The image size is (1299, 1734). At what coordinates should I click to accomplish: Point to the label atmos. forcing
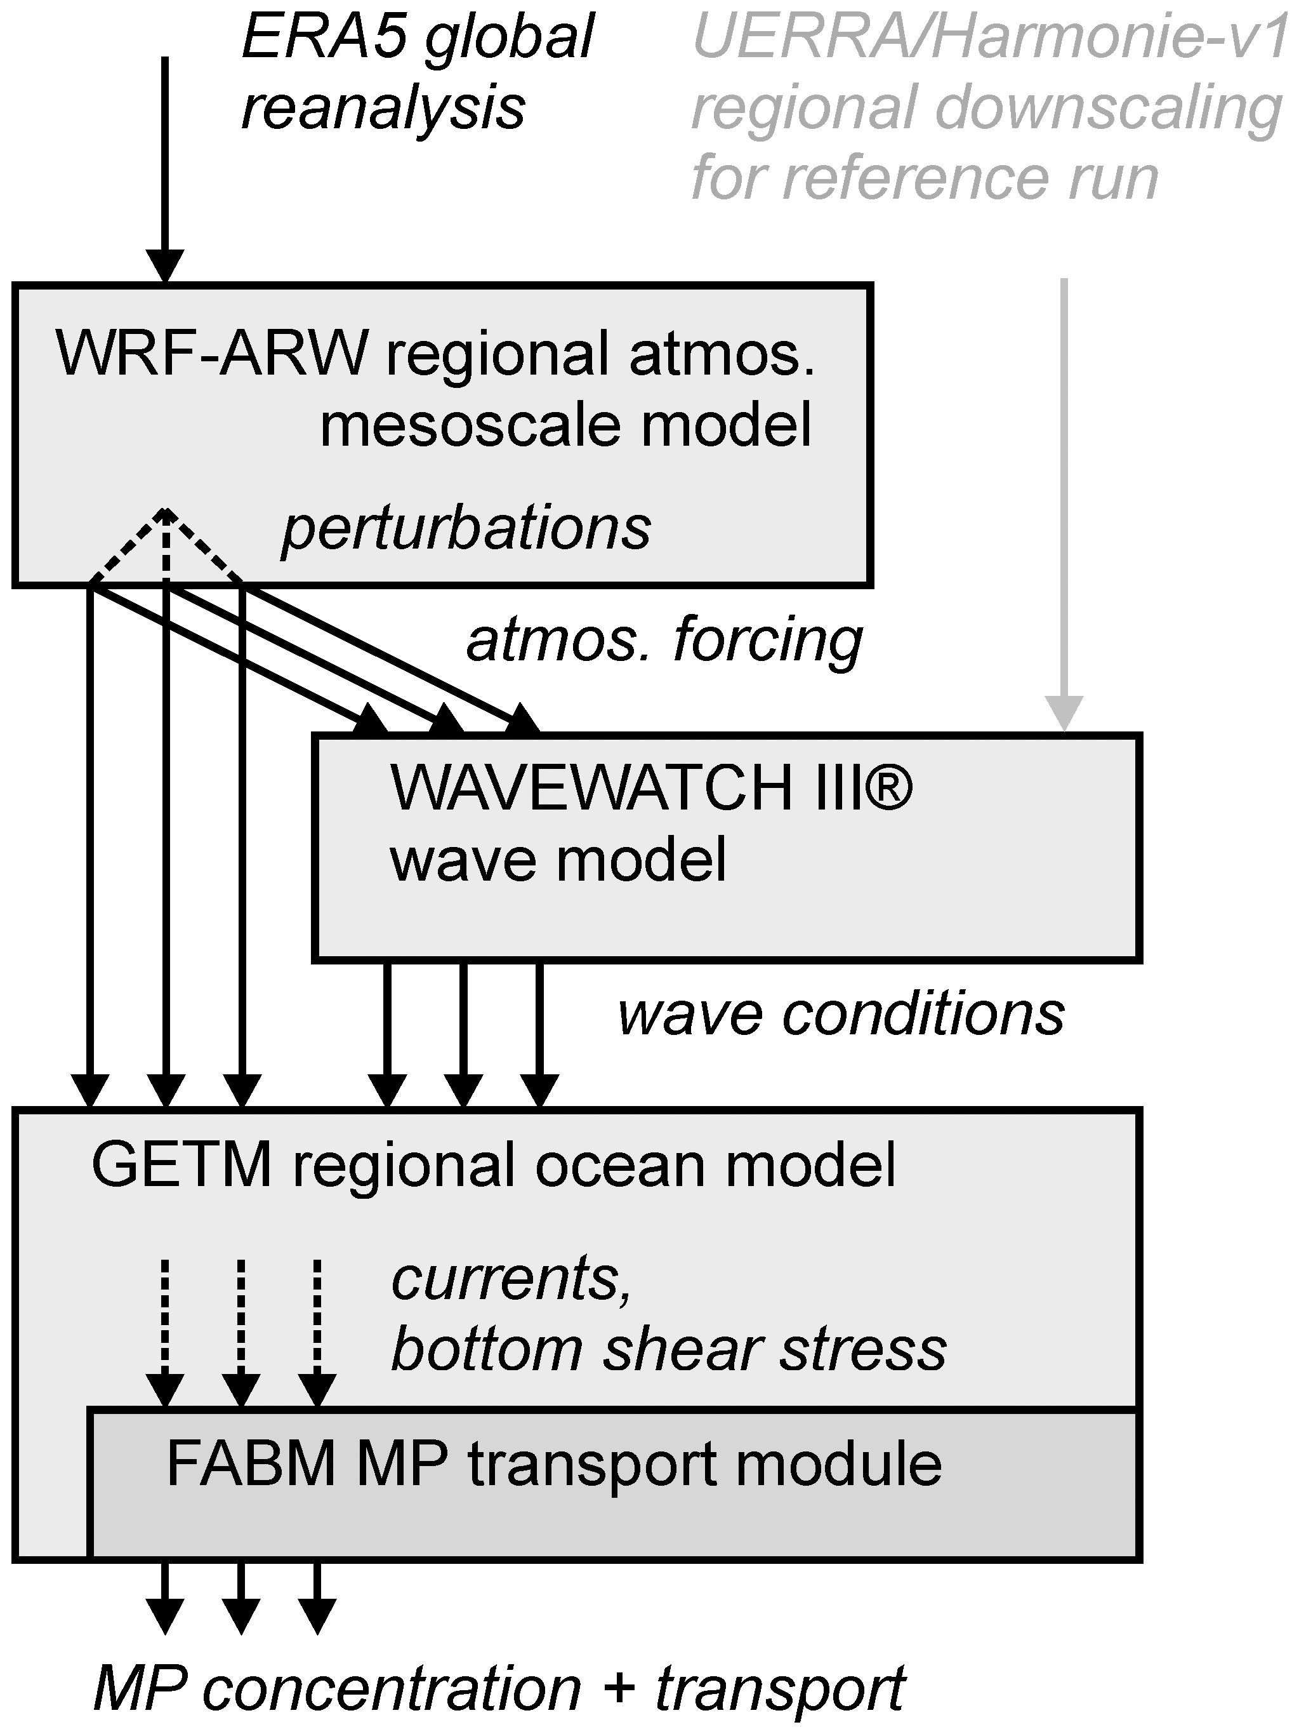(x=664, y=639)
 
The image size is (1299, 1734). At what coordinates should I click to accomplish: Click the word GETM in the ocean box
(x=181, y=1165)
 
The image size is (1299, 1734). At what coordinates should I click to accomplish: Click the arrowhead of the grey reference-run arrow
(x=1064, y=714)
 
